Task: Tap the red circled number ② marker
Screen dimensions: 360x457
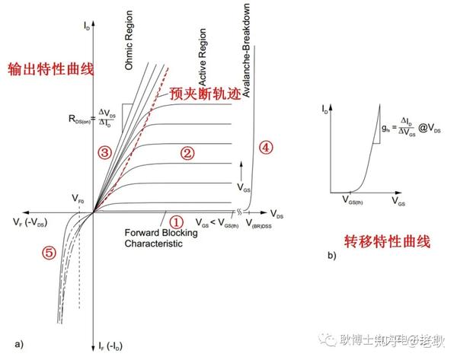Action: point(187,153)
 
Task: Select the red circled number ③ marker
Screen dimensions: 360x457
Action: point(105,153)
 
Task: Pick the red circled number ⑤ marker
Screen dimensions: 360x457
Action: point(49,253)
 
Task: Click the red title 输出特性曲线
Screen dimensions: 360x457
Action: point(50,69)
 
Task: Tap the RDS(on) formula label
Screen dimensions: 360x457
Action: point(92,118)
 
